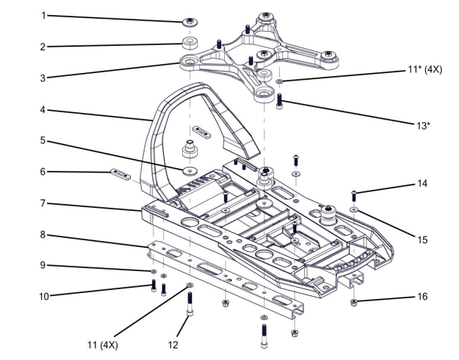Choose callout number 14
pyautogui.click(x=423, y=184)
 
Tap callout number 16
pyautogui.click(x=423, y=296)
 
